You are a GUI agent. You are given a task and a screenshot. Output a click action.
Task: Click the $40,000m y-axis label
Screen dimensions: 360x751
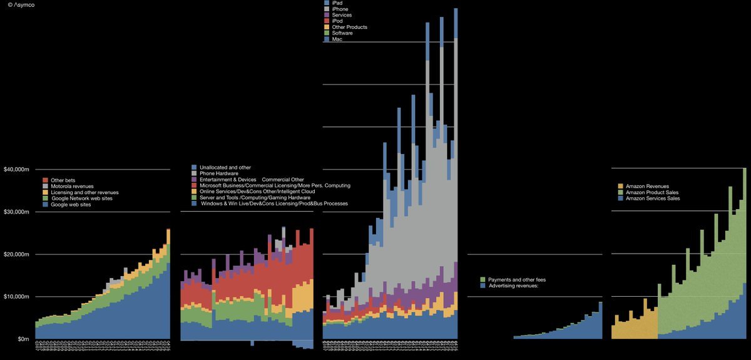pos(16,170)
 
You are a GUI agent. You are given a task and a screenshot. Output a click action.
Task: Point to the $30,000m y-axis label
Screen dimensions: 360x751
pos(16,212)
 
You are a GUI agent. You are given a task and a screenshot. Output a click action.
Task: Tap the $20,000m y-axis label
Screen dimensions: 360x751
pos(16,255)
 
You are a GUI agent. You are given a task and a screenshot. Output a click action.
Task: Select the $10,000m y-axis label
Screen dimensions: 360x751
pos(16,297)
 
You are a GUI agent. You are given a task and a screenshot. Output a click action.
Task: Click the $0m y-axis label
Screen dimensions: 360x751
pos(21,339)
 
